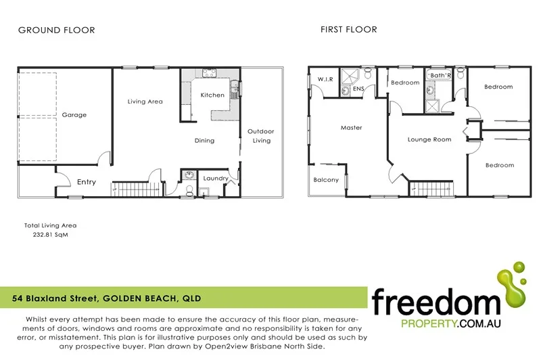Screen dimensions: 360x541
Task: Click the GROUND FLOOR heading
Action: [x=56, y=30]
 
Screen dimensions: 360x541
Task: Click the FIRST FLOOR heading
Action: [x=348, y=29]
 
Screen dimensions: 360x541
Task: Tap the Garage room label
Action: [x=74, y=115]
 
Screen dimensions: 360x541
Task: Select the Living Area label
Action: [x=145, y=102]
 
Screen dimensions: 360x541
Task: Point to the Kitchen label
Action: [x=212, y=95]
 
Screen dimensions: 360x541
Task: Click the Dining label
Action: [x=204, y=141]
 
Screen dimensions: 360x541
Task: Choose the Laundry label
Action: [x=216, y=179]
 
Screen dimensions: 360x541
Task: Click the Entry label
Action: [x=87, y=182]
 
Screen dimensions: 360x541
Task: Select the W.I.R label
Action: [x=326, y=80]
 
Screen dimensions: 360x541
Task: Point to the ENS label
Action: [x=358, y=89]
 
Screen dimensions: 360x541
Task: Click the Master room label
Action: [x=351, y=128]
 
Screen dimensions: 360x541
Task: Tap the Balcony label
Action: [x=326, y=180]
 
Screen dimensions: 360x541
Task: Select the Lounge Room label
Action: [x=429, y=140]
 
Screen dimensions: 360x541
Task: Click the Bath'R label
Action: [x=440, y=74]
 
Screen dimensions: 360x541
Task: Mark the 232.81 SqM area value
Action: [x=51, y=235]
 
